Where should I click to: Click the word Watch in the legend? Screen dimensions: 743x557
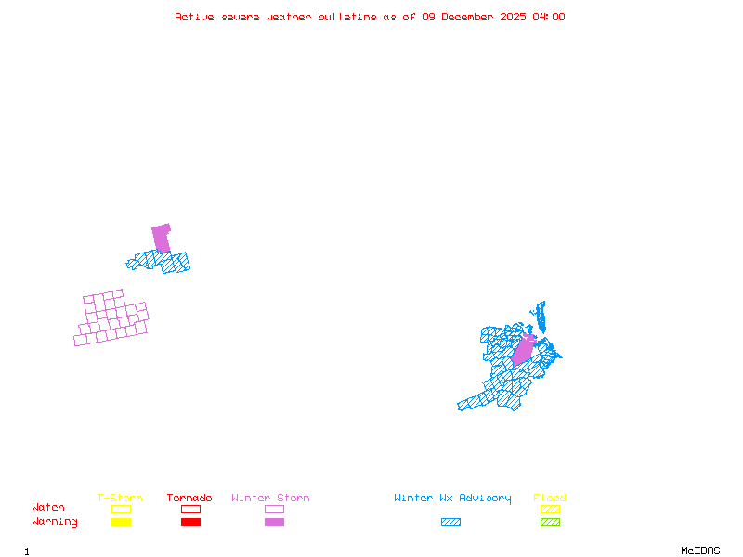(x=48, y=508)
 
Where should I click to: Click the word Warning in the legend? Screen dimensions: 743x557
(x=54, y=522)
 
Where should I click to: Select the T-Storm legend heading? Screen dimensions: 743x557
(x=120, y=499)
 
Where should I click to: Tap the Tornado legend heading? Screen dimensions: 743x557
(x=189, y=499)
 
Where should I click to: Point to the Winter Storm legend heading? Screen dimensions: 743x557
(x=270, y=499)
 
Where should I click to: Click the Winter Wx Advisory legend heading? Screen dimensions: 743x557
(x=452, y=499)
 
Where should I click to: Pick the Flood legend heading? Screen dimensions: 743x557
(x=550, y=499)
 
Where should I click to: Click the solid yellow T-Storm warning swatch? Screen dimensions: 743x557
(x=121, y=523)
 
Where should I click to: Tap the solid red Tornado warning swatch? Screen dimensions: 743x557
(x=190, y=523)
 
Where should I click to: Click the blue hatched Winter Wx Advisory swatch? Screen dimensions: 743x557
(x=450, y=523)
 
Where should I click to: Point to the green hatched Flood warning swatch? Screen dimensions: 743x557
(x=550, y=523)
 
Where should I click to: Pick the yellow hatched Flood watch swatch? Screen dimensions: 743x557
(x=550, y=509)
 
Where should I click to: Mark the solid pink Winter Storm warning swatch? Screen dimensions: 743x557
(x=274, y=523)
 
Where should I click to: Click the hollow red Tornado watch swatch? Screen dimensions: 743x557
(x=190, y=509)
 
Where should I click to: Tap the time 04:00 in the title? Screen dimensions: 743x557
(x=547, y=17)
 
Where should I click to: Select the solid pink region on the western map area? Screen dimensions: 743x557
(x=162, y=238)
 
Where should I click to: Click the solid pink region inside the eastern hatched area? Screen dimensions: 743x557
(x=523, y=350)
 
